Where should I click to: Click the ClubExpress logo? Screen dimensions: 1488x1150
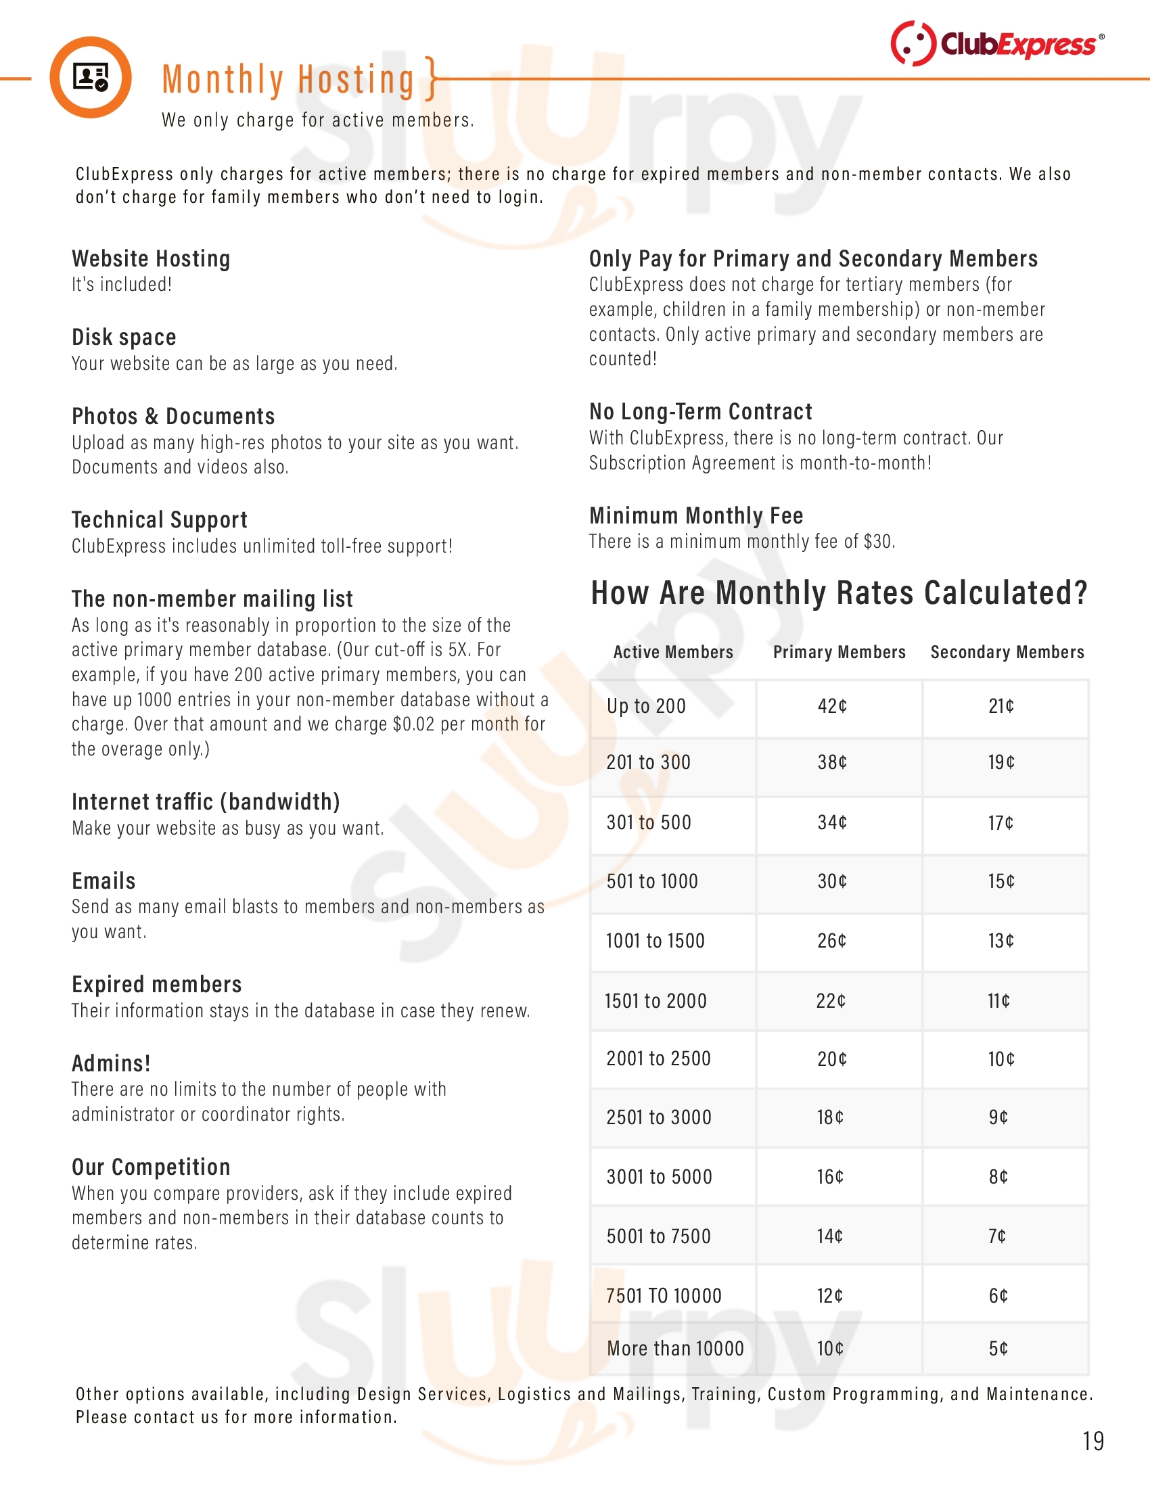point(996,43)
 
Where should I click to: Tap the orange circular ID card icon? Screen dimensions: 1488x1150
point(91,77)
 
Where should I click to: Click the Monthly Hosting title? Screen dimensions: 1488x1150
point(288,80)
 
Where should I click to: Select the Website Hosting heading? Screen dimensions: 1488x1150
point(152,259)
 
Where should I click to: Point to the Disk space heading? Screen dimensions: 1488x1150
point(124,338)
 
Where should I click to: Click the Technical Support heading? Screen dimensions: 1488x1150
point(160,520)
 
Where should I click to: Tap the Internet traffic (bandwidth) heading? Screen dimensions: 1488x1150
point(206,802)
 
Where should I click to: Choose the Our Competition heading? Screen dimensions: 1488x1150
point(152,1167)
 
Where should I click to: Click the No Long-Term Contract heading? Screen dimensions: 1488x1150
point(700,411)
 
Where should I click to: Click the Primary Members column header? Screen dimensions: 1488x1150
point(839,652)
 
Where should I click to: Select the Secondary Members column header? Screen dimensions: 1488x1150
point(1007,652)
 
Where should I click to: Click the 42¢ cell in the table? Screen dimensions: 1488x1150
point(832,706)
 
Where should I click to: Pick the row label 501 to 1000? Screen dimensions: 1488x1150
point(652,881)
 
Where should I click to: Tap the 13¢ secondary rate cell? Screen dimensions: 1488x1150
point(1001,941)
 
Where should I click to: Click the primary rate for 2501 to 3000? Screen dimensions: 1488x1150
point(830,1117)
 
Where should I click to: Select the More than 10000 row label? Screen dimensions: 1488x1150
point(675,1348)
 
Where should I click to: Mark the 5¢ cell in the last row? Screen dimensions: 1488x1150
point(998,1348)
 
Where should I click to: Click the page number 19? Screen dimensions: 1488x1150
point(1092,1441)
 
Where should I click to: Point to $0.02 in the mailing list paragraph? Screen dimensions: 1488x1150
point(413,724)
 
